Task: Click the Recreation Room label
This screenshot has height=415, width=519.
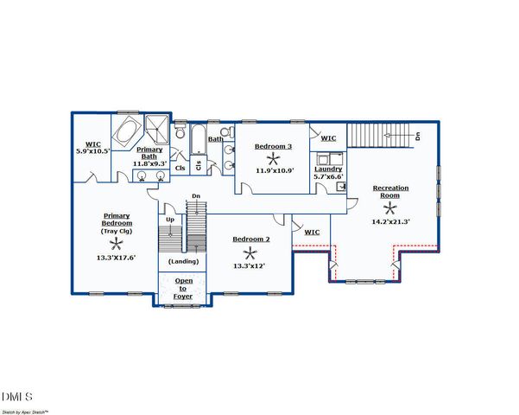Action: [x=390, y=192]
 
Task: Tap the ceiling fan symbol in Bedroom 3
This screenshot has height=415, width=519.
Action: [x=274, y=159]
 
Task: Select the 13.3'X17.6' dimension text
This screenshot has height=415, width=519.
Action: [x=117, y=258]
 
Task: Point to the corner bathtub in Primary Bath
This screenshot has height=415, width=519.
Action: [x=126, y=131]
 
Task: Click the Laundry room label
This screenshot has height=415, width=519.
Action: [x=328, y=169]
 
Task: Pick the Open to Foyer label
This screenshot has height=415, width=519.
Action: [x=183, y=289]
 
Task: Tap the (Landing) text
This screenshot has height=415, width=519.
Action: [x=183, y=261]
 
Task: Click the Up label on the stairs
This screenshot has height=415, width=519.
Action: [x=170, y=220]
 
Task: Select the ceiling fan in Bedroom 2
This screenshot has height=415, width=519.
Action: [x=250, y=254]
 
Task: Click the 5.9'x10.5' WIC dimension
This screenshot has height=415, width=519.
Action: [x=93, y=151]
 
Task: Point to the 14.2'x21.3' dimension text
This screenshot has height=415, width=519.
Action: [x=391, y=221]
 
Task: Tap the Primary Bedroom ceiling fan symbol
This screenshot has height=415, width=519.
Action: [x=117, y=245]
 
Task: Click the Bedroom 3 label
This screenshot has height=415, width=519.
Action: [x=274, y=146]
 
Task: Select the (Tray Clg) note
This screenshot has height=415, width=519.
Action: [x=117, y=232]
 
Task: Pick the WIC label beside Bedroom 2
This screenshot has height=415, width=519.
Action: [x=312, y=232]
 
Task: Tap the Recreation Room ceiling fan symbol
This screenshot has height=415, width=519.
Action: [x=390, y=209]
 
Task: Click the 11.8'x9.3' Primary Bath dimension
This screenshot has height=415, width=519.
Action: [x=149, y=163]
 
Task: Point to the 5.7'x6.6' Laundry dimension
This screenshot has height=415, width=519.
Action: [x=328, y=176]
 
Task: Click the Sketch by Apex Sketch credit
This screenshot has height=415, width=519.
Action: [x=24, y=412]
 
